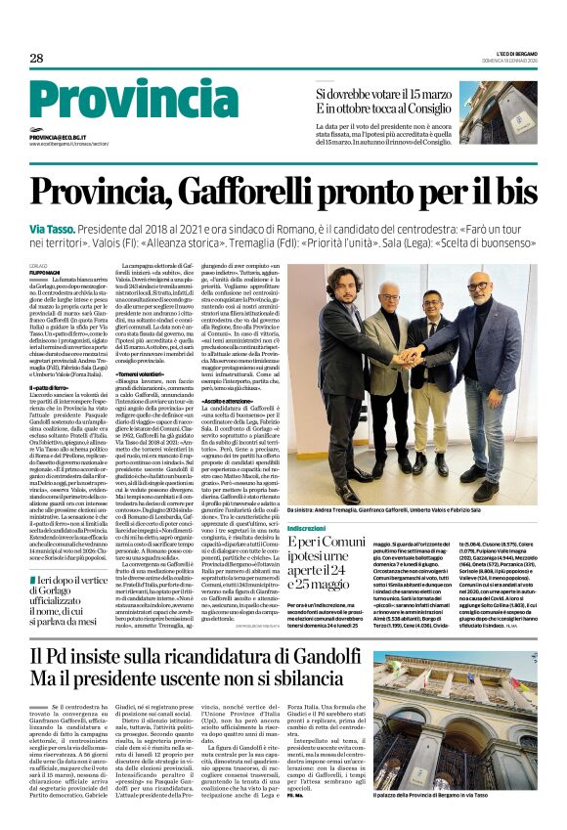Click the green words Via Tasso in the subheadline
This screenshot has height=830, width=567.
(x=56, y=226)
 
